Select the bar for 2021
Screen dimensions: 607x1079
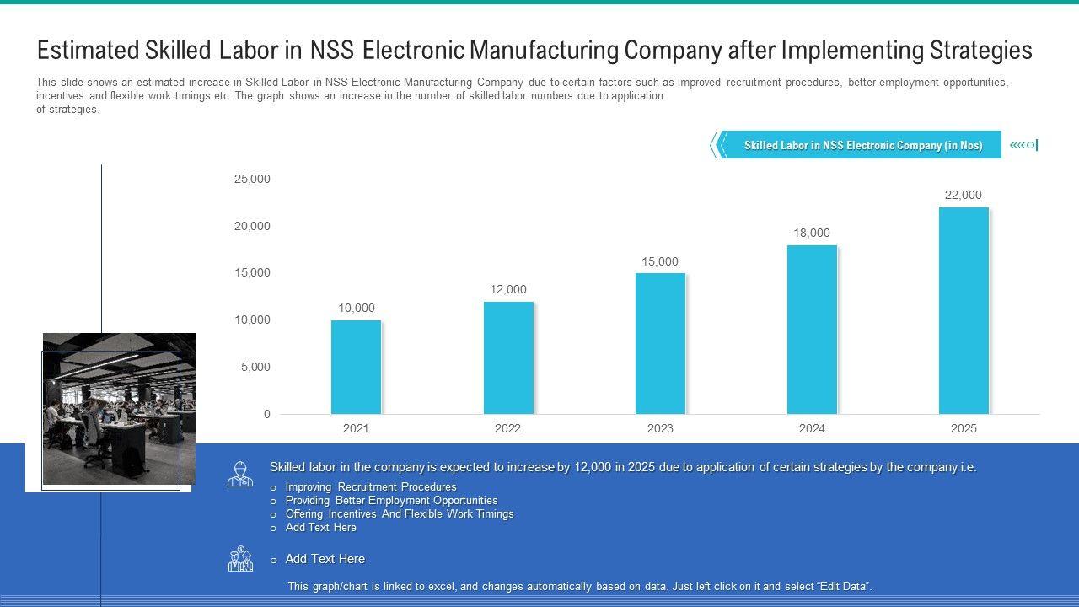click(356, 368)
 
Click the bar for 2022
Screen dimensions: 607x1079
click(508, 358)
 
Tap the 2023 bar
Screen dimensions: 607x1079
click(660, 344)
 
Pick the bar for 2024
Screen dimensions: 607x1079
click(812, 330)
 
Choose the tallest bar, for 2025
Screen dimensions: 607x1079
click(964, 311)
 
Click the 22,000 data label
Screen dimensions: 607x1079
click(963, 196)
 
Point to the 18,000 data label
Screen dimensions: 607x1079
click(811, 234)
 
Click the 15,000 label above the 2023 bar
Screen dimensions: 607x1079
click(659, 262)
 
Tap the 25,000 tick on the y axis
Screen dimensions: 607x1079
click(252, 180)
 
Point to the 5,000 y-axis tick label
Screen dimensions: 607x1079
click(255, 368)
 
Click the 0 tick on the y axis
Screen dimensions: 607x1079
click(267, 415)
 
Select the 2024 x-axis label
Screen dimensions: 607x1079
click(812, 429)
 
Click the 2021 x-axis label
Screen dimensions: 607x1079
click(356, 429)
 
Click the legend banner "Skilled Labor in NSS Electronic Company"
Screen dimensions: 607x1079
click(862, 146)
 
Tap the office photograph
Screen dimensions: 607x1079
click(119, 409)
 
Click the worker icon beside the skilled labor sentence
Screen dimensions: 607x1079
click(240, 474)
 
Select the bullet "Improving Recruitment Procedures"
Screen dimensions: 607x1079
click(371, 487)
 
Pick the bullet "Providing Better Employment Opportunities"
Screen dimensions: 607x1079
click(391, 501)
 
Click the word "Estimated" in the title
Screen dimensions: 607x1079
click(87, 51)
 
